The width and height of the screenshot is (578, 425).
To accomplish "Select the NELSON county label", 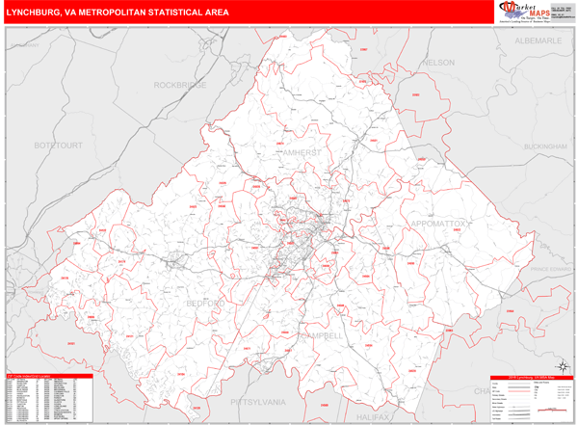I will point(438,63).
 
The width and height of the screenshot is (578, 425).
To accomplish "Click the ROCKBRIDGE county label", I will point(182,85).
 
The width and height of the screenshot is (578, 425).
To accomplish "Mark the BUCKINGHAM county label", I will point(548,146).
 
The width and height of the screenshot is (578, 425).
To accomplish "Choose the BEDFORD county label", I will point(206,305).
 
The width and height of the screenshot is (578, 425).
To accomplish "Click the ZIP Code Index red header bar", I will point(48,376).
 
